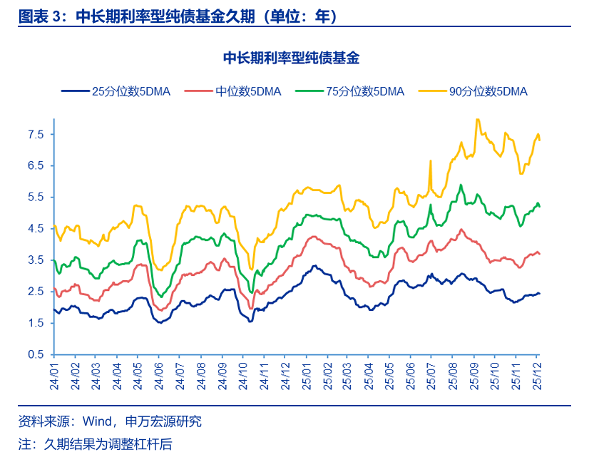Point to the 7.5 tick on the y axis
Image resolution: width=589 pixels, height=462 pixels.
click(x=36, y=134)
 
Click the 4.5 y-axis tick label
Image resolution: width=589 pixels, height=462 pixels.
click(x=36, y=229)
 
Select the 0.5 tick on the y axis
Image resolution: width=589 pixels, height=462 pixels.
click(x=36, y=354)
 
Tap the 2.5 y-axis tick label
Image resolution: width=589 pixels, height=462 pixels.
click(x=36, y=292)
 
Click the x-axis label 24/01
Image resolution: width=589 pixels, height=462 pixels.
click(x=54, y=374)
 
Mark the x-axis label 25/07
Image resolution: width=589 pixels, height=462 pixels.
click(x=431, y=374)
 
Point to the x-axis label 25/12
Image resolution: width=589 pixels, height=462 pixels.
click(x=536, y=374)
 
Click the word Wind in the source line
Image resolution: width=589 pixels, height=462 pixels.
click(x=97, y=421)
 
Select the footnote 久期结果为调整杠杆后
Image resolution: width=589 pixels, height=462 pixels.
click(x=108, y=444)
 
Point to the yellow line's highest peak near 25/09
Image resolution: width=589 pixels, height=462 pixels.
click(x=477, y=119)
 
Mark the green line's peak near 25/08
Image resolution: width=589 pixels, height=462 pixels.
click(x=461, y=185)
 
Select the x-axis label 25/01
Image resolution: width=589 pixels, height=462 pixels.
click(x=305, y=374)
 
